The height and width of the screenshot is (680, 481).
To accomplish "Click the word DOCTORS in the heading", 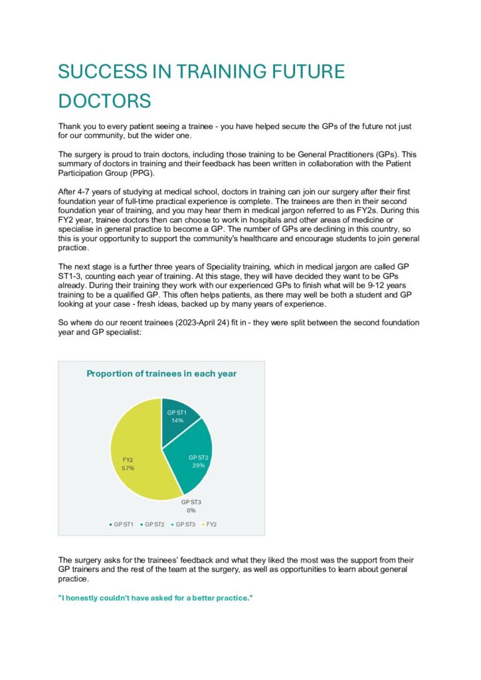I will pyautogui.click(x=104, y=101).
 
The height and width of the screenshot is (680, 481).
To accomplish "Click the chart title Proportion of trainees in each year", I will pyautogui.click(x=161, y=374).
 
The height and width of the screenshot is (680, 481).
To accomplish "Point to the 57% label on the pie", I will pyautogui.click(x=128, y=468).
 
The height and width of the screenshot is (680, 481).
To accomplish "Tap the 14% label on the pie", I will pyautogui.click(x=177, y=420).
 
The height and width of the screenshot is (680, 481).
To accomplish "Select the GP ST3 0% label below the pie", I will pyautogui.click(x=191, y=506).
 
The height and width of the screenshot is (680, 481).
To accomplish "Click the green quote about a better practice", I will pyautogui.click(x=156, y=598).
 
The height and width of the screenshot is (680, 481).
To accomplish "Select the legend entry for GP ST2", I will pyautogui.click(x=153, y=525).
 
